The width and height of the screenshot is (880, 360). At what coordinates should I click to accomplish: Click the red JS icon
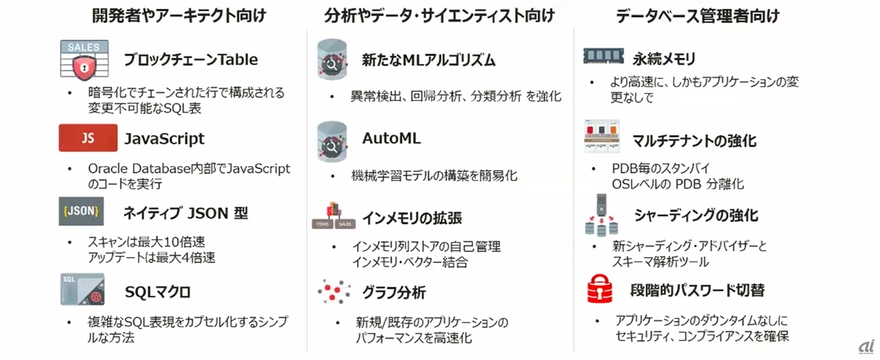point(87,138)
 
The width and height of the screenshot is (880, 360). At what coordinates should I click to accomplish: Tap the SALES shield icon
point(84,60)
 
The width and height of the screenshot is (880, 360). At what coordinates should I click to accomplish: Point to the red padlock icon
point(604,289)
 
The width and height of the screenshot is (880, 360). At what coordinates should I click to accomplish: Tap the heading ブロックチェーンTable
point(191,60)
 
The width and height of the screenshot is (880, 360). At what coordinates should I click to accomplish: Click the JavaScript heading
point(164,138)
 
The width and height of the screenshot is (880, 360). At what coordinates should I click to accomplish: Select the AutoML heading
point(392,138)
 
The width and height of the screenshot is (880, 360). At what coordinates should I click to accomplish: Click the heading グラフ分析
point(394,292)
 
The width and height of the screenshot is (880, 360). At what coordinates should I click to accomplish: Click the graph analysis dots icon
point(334,292)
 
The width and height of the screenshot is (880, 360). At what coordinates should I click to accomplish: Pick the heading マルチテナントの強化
point(694,140)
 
